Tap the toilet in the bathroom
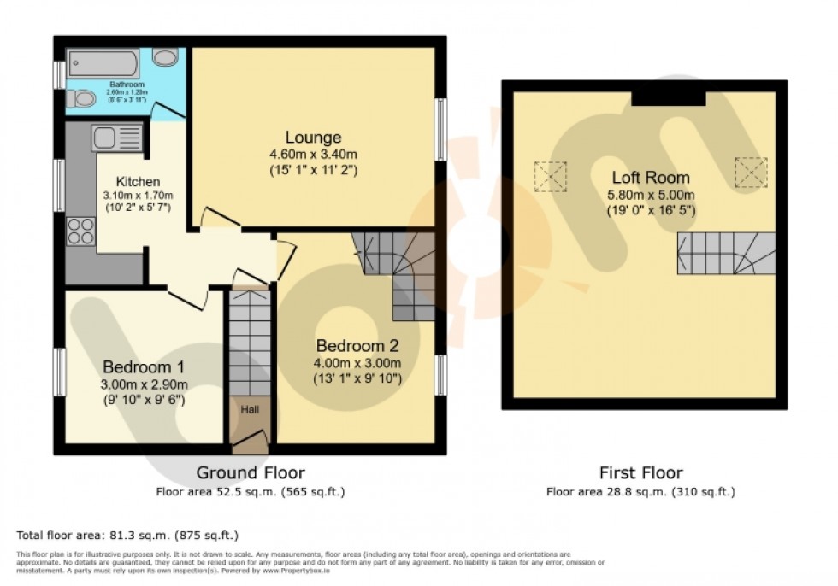(x=82, y=99)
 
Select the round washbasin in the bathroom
(x=166, y=57)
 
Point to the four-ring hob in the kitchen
(x=81, y=231)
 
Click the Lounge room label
(x=313, y=138)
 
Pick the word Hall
(x=250, y=411)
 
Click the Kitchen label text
(x=138, y=180)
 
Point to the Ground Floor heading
(x=251, y=472)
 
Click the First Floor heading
(x=640, y=472)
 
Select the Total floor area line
(x=127, y=536)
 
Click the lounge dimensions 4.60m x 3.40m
(x=313, y=155)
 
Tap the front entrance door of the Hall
(x=250, y=439)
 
